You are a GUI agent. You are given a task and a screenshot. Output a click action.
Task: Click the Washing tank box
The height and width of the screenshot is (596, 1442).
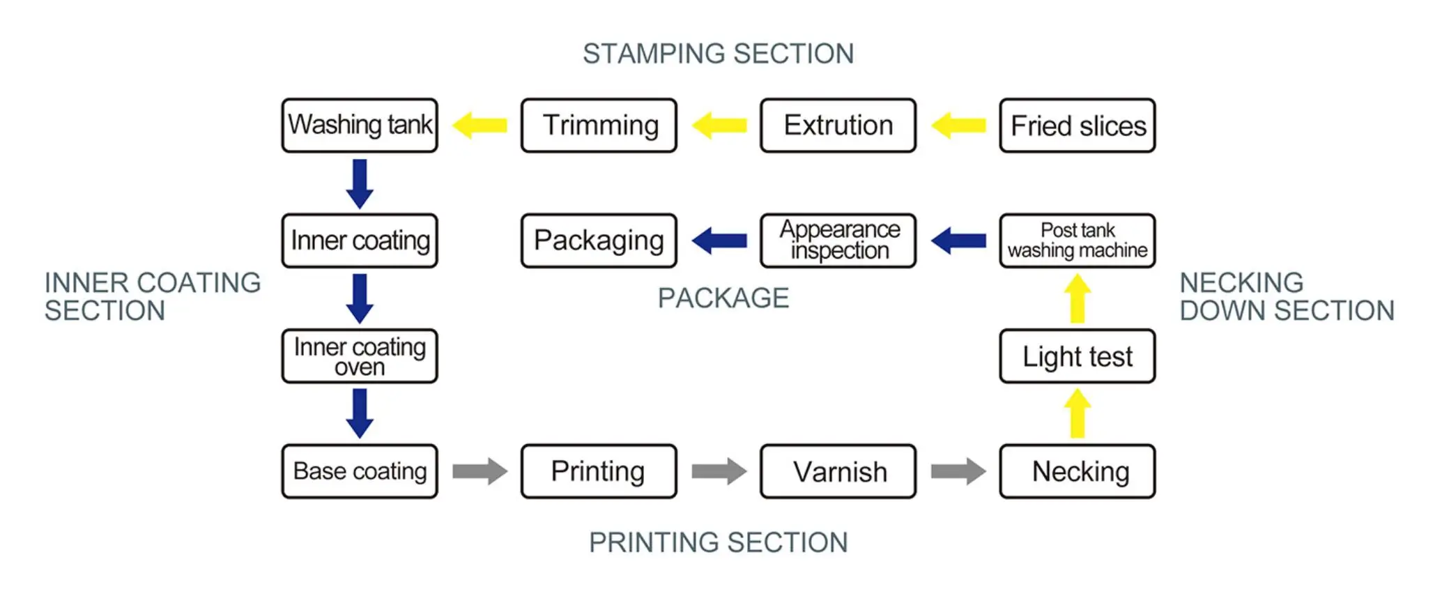coord(360,125)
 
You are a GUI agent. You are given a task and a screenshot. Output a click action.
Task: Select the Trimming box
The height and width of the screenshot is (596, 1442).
coord(599,125)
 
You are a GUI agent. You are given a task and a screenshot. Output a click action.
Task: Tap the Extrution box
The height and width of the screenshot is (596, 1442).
coord(838,125)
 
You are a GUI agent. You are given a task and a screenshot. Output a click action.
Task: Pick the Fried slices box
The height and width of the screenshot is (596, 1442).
coord(1077,125)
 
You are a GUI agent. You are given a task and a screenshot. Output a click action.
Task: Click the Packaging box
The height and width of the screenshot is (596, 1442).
coord(599,240)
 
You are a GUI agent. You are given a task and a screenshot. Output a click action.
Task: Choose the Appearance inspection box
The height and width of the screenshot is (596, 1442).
coord(838,240)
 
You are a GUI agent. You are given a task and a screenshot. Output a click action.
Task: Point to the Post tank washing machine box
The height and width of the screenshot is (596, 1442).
coord(1077,240)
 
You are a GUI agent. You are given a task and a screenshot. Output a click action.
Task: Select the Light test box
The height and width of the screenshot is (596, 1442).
coord(1077,356)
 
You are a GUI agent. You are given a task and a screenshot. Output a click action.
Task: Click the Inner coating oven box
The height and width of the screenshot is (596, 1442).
coord(360,356)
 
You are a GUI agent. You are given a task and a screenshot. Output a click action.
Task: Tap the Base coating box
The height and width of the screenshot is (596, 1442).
coord(360,471)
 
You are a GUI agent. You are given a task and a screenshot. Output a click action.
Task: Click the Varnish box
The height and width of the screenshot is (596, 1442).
coord(838,471)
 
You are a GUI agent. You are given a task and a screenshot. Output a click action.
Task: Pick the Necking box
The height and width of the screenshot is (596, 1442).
coord(1077,471)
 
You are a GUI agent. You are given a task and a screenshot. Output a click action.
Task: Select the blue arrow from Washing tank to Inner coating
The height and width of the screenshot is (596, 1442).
coord(360,183)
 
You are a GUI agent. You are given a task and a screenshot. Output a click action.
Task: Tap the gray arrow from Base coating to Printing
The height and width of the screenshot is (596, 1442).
coord(480,471)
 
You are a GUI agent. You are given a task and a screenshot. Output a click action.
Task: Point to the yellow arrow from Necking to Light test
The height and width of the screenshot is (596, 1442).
coord(1077,413)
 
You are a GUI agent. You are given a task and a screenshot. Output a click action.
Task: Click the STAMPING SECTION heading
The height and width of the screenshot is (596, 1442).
coord(718,54)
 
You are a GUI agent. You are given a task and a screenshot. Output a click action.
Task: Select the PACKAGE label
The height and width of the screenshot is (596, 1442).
coord(723,298)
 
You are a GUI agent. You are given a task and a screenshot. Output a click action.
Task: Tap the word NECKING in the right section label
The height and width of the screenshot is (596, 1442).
coord(1241,283)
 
